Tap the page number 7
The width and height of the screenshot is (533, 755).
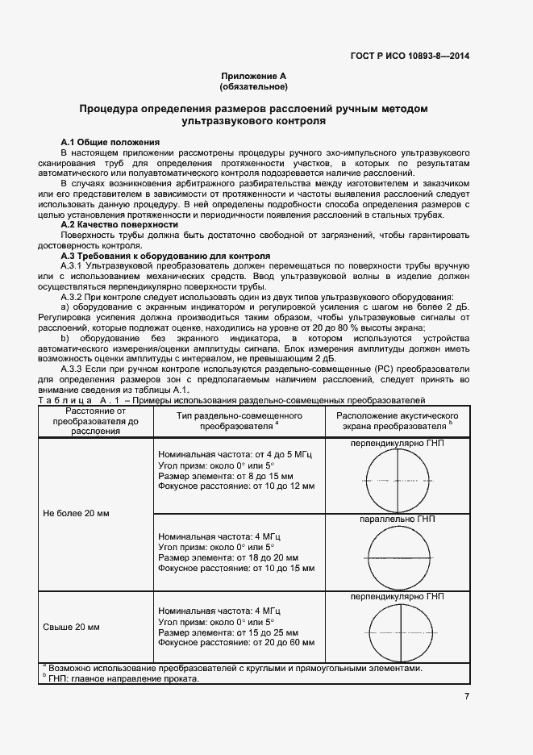tap(467, 697)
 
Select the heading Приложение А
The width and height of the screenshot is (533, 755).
tap(253, 76)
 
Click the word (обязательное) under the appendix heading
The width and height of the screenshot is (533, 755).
tap(253, 86)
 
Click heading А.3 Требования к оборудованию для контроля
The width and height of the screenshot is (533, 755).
tap(165, 256)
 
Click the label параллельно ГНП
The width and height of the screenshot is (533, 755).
tap(398, 520)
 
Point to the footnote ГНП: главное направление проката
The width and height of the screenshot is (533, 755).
tap(121, 679)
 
